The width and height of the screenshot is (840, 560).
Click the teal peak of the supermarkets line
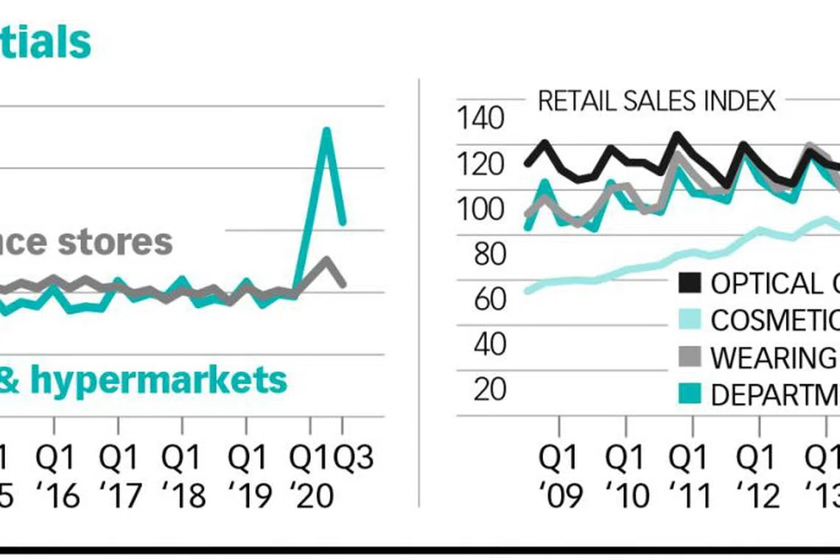(326, 131)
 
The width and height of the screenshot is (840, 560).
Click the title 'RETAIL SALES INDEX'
(657, 100)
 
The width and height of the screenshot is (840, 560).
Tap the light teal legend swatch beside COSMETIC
(690, 320)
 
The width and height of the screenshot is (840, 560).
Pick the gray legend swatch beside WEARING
(690, 357)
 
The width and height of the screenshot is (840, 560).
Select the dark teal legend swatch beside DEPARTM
(690, 395)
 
